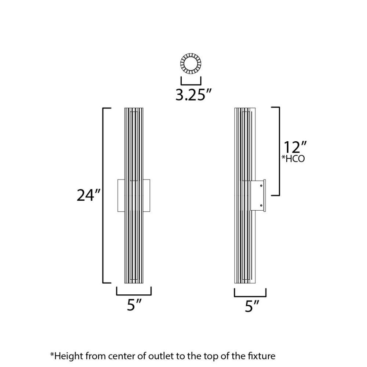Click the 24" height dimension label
(x=88, y=195)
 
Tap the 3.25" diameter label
(x=193, y=95)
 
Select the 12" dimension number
(x=295, y=147)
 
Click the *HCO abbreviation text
(x=293, y=159)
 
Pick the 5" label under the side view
(x=252, y=306)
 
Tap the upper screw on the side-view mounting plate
(x=261, y=186)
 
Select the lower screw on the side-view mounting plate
(x=261, y=206)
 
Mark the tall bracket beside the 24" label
(x=103, y=196)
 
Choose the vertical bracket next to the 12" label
(x=279, y=151)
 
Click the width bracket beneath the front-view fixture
(x=134, y=295)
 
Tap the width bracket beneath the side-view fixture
(x=250, y=296)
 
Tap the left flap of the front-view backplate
(x=121, y=196)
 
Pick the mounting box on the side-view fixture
(x=258, y=196)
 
